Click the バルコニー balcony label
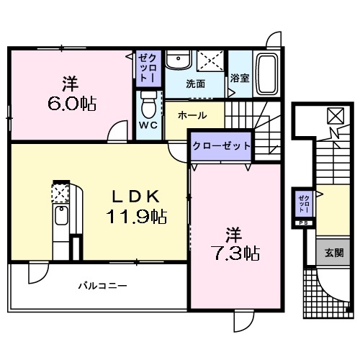pyautogui.click(x=104, y=286)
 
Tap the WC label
pyautogui.click(x=148, y=124)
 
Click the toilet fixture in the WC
pyautogui.click(x=149, y=104)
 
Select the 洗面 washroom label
pyautogui.click(x=196, y=84)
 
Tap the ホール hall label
pyautogui.click(x=192, y=115)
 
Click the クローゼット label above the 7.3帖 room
pyautogui.click(x=220, y=145)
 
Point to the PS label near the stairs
pyautogui.click(x=303, y=224)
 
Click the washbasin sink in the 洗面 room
pyautogui.click(x=176, y=60)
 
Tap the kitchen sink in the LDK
pyautogui.click(x=60, y=216)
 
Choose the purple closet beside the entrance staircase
pyautogui.click(x=304, y=203)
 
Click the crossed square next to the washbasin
pyautogui.click(x=210, y=59)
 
